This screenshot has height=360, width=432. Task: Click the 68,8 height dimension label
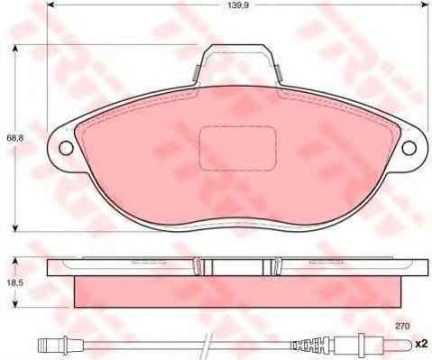click(x=14, y=138)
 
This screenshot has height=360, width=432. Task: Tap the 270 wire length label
click(x=402, y=326)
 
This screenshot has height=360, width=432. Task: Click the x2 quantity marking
click(x=421, y=344)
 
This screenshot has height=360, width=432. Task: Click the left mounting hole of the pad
click(x=66, y=148)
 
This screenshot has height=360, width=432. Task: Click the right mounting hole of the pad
click(x=409, y=148)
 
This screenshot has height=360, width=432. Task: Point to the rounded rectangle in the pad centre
click(x=237, y=149)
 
